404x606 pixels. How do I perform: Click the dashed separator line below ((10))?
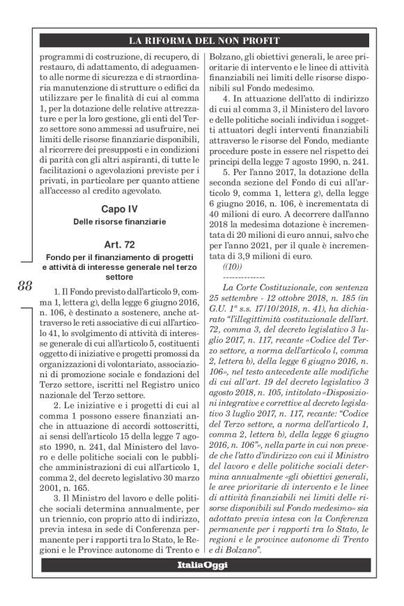pos(241,277)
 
